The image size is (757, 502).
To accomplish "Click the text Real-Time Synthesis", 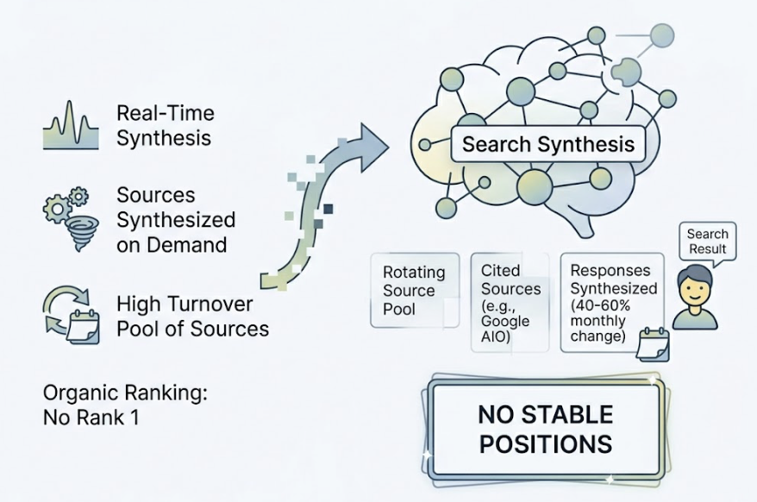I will pyautogui.click(x=165, y=125).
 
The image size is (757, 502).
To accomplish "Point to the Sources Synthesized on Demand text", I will pyautogui.click(x=176, y=219).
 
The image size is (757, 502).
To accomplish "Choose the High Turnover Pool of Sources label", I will pyautogui.click(x=192, y=316).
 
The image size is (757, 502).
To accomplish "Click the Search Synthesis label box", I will pyautogui.click(x=548, y=143).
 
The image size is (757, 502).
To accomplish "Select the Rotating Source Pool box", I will pyautogui.click(x=415, y=291).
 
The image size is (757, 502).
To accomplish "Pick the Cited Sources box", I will pyautogui.click(x=510, y=302).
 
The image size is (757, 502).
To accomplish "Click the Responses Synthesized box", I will pyautogui.click(x=613, y=302).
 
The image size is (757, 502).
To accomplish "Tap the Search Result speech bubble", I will pyautogui.click(x=707, y=242).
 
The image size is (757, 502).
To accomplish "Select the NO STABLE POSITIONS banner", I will pyautogui.click(x=545, y=430).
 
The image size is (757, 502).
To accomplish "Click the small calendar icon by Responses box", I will pyautogui.click(x=653, y=343).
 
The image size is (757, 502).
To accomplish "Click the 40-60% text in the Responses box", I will pyautogui.click(x=604, y=304).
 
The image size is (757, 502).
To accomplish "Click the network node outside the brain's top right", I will pyautogui.click(x=662, y=35).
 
